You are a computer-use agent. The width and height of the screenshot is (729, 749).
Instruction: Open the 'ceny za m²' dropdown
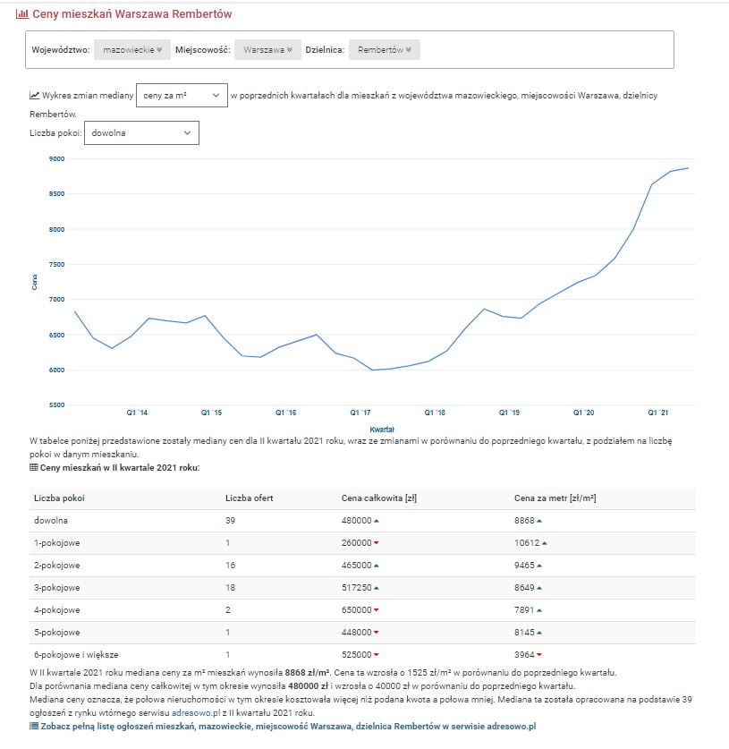[182, 95]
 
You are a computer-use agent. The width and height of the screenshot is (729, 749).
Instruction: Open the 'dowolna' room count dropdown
[141, 132]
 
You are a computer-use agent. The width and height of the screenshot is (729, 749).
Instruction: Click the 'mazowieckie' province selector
[132, 50]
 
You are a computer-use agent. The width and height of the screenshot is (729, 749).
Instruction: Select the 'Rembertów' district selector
[384, 50]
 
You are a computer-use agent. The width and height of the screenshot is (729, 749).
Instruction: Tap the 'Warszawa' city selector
[267, 50]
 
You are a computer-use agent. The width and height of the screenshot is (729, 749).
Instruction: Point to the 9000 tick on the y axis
[56, 159]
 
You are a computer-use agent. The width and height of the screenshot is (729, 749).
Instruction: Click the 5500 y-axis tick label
[56, 405]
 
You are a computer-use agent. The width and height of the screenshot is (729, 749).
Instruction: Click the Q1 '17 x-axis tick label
[360, 413]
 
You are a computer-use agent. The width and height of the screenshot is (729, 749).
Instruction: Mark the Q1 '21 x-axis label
[657, 413]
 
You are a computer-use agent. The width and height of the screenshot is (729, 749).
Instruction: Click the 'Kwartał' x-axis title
[382, 430]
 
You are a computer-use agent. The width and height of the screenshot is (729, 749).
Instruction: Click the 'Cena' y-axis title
[35, 282]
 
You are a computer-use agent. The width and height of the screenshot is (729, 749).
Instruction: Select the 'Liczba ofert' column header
[250, 498]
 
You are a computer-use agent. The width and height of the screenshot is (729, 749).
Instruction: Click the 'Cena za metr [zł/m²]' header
[555, 498]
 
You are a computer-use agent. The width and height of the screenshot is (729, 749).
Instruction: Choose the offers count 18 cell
[231, 588]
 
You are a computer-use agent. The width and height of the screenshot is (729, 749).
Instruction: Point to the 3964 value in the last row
[525, 655]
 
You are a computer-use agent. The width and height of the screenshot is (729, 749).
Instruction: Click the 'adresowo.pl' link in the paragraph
[195, 712]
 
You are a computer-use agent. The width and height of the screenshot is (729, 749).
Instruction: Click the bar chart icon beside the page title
[22, 14]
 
